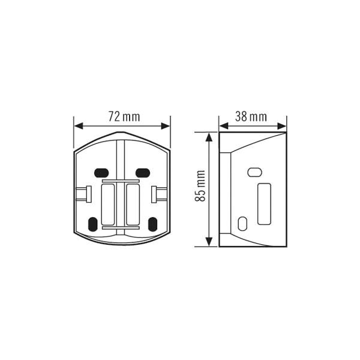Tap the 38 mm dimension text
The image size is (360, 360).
point(251,116)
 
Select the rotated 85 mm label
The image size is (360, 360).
point(200,186)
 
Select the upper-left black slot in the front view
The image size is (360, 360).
point(101,173)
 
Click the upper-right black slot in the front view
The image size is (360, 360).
point(143,173)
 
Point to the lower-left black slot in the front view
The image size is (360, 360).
point(92,224)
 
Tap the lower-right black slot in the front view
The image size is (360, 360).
point(152,224)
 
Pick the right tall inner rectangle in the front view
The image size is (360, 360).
point(133,204)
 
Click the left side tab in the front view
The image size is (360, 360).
point(84,194)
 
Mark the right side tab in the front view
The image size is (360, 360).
point(160,194)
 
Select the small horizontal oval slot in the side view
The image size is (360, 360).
point(255,172)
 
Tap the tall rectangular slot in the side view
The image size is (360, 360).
point(264,204)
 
